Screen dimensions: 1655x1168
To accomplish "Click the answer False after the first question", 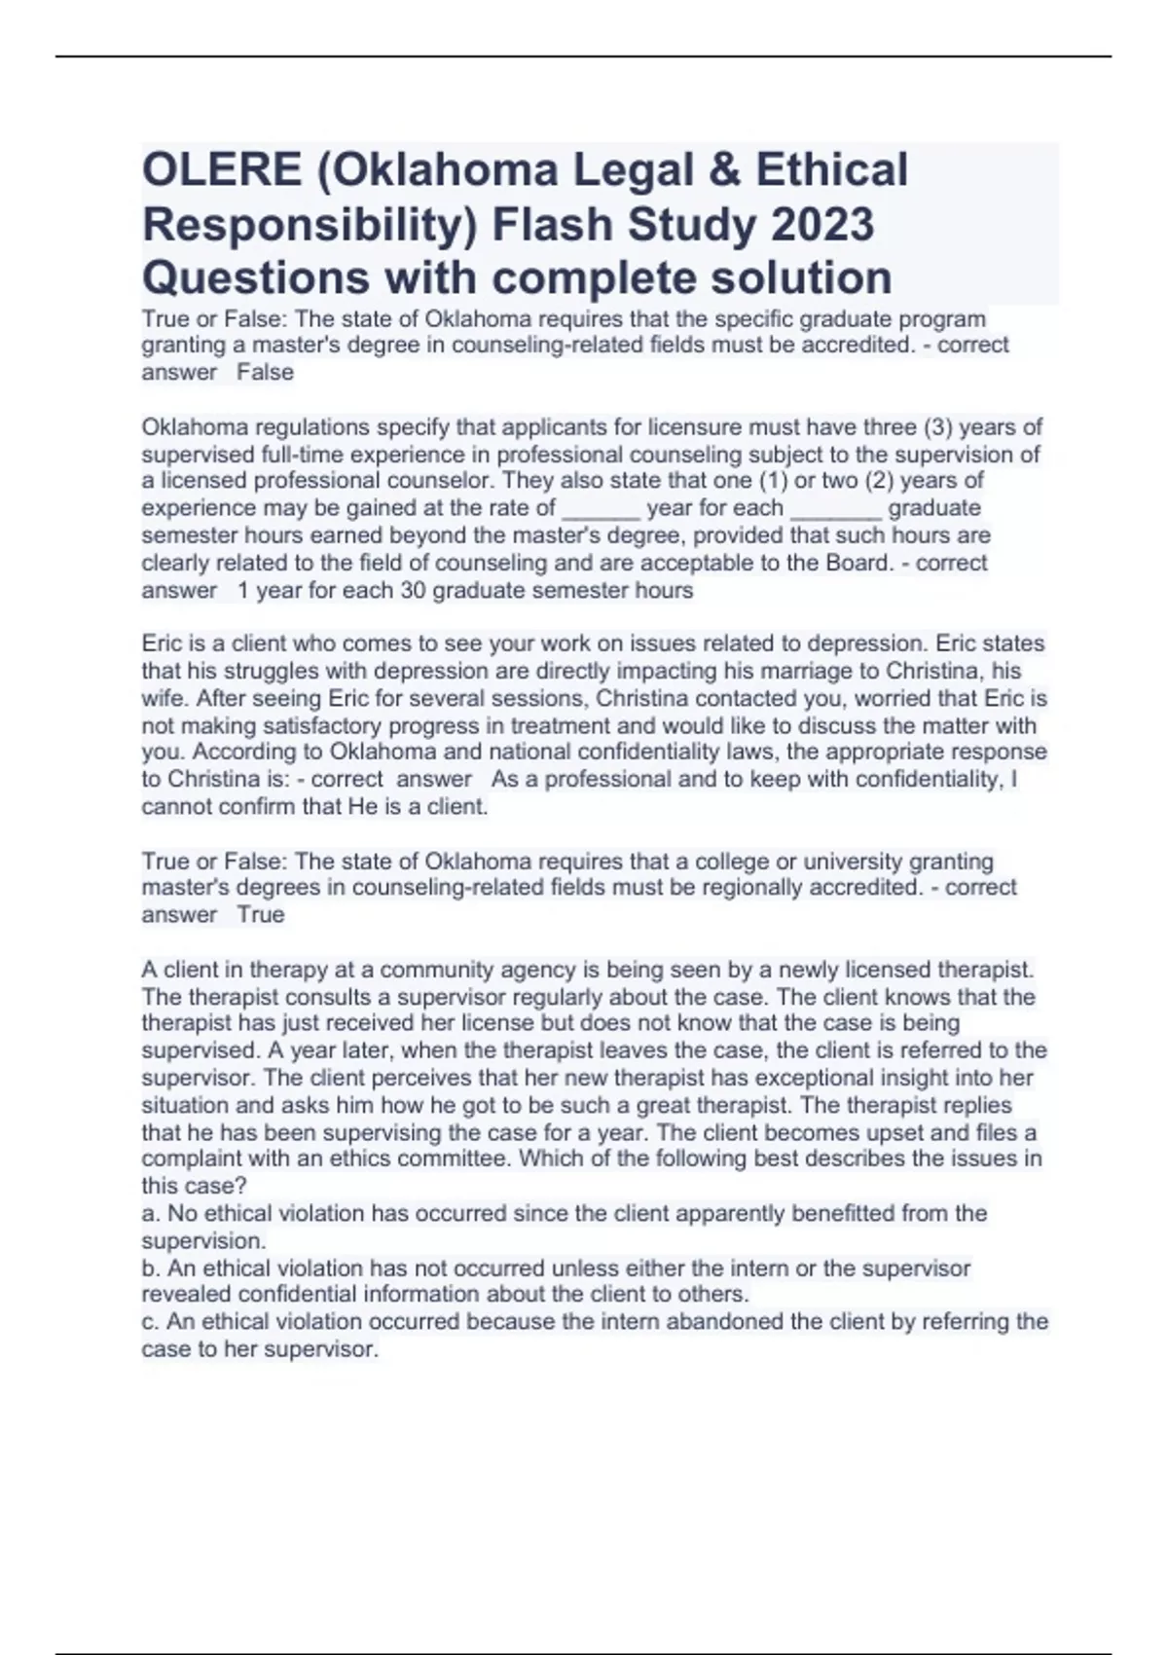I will [x=265, y=373].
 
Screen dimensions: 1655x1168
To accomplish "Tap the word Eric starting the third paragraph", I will [x=161, y=644].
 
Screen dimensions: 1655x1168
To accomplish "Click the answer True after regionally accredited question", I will [x=261, y=915].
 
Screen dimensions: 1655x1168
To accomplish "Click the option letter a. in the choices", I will [x=151, y=1214].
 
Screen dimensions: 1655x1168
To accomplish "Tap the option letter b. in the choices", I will [x=151, y=1269].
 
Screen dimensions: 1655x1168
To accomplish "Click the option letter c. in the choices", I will [x=151, y=1322].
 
